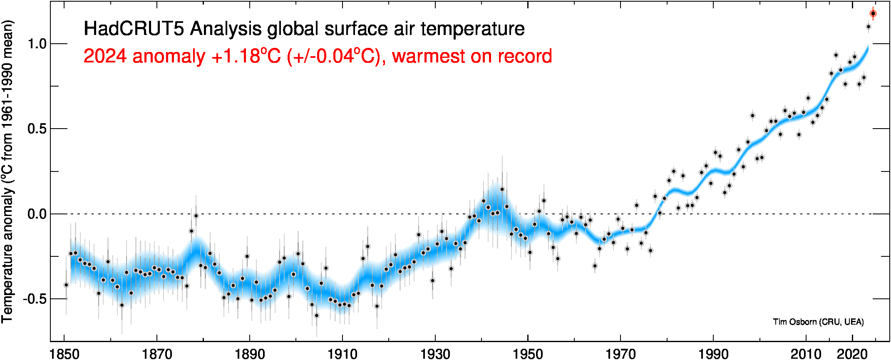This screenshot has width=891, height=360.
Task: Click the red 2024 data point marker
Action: pyautogui.click(x=873, y=14)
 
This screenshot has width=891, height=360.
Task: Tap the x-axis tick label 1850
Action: pyautogui.click(x=65, y=354)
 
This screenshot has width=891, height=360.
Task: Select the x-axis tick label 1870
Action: pyautogui.click(x=157, y=354)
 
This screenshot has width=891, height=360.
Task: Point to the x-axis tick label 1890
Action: pyautogui.click(x=250, y=354)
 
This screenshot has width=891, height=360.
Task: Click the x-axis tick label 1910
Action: pyautogui.click(x=343, y=354)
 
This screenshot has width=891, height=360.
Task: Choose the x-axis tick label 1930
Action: pyautogui.click(x=435, y=354)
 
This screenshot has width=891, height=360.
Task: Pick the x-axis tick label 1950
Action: pyautogui.click(x=528, y=354)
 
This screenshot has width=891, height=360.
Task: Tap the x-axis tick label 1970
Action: pyautogui.click(x=620, y=354)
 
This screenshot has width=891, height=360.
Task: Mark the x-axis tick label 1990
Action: pyautogui.click(x=713, y=354)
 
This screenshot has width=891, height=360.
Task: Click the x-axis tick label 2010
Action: pyautogui.click(x=806, y=354)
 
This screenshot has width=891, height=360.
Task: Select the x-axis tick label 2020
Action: pyautogui.click(x=852, y=354)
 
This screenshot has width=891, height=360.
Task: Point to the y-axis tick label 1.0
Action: pyautogui.click(x=37, y=44)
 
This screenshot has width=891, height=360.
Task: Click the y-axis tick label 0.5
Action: pyautogui.click(x=37, y=129)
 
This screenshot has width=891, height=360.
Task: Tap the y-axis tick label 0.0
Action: pyautogui.click(x=37, y=214)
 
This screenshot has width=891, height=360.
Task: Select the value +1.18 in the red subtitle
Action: pyautogui.click(x=236, y=56)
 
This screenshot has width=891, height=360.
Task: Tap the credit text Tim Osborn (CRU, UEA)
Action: pyautogui.click(x=818, y=322)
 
